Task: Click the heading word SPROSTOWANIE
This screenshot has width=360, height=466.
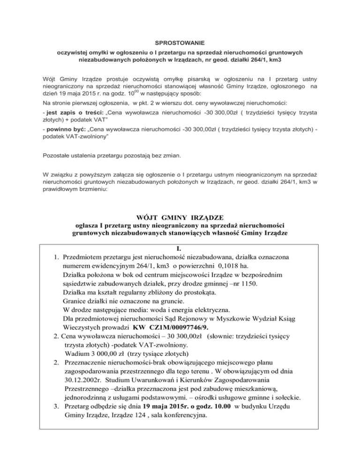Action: coord(180,42)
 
